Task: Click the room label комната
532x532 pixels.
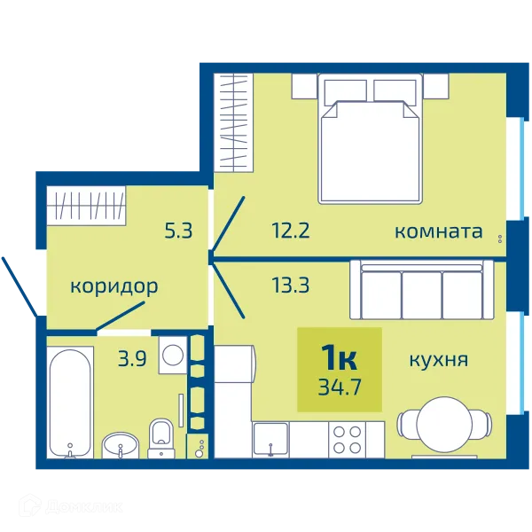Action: pos(438,231)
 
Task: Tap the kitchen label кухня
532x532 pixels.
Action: pos(439,360)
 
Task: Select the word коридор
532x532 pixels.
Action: pos(114,287)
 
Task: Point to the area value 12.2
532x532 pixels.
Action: pos(291,231)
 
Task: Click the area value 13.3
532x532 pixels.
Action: pos(291,285)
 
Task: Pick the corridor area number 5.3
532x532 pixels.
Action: pos(178,231)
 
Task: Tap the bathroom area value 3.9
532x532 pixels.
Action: pos(132,359)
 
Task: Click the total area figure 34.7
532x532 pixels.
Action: pos(340,387)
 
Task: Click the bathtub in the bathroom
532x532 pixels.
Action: pos(70,403)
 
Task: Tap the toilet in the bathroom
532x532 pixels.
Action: pos(161,439)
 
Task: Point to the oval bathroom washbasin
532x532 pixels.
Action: pos(120,445)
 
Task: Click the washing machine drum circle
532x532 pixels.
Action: pos(173,356)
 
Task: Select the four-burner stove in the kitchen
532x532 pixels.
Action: pos(347,440)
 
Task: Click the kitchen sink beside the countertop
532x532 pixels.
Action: pos(270,440)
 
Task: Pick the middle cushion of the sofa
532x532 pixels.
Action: pos(422,294)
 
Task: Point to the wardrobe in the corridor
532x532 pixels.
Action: pos(86,206)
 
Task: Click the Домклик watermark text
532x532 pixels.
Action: pos(83,507)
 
